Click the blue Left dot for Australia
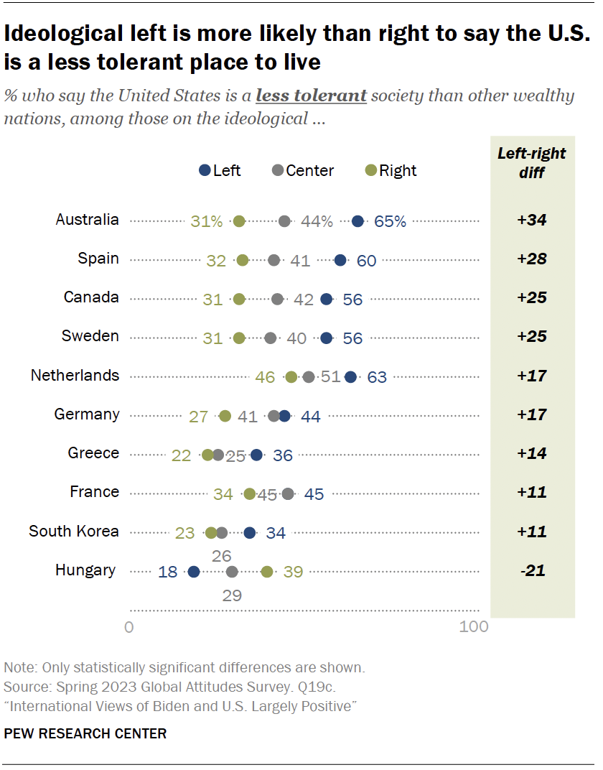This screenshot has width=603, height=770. pos(357,221)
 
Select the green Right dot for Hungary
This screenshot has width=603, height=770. pos(267,572)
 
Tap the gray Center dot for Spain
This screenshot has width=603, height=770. pos(274,260)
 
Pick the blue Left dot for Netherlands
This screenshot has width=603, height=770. pos(350,376)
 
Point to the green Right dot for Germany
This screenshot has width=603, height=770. pos(225,416)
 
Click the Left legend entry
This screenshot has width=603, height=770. pos(220,170)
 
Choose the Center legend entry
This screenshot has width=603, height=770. pos(303,170)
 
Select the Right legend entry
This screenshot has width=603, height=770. pos(391,170)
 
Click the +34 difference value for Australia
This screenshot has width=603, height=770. pos(532,220)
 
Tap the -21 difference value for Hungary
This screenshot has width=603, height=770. pos(532,571)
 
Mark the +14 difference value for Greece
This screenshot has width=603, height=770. pos(532,453)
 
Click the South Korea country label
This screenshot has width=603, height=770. pos(74,532)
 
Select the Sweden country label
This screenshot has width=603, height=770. pos(90,336)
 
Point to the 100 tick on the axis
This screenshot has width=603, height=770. pos(474,627)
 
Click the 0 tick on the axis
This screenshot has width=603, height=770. pos(129,627)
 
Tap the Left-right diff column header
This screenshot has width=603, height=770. pos(532,162)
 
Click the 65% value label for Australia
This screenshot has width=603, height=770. pos(390,222)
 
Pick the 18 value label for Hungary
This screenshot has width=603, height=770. pos(168,572)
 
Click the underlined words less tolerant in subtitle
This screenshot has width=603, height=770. pos(312,96)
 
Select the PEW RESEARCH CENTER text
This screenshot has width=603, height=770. pos(85,733)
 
